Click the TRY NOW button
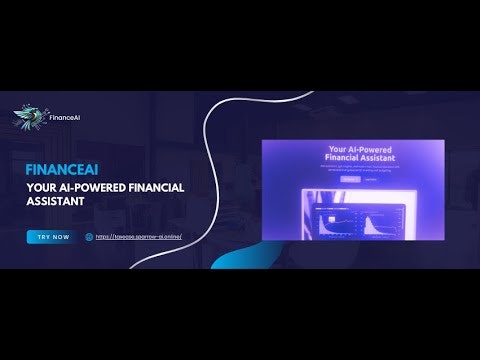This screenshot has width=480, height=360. tap(52, 237)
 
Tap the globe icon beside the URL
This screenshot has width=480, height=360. tap(89, 237)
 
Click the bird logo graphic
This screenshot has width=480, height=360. tap(29, 118)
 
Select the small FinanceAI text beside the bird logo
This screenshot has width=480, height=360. tap(65, 118)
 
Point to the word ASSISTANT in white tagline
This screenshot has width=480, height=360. tap(54, 200)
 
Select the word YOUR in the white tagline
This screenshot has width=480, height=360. tap(42, 185)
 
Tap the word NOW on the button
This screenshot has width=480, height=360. tap(60, 237)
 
